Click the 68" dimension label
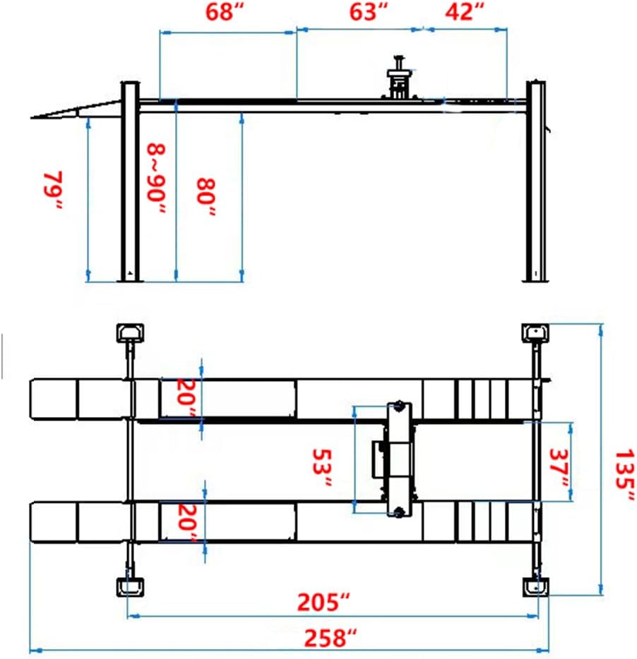click(225, 13)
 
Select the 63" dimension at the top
click(369, 13)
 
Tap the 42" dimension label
click(465, 13)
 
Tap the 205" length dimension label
click(323, 603)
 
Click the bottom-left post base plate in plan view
click(130, 586)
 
